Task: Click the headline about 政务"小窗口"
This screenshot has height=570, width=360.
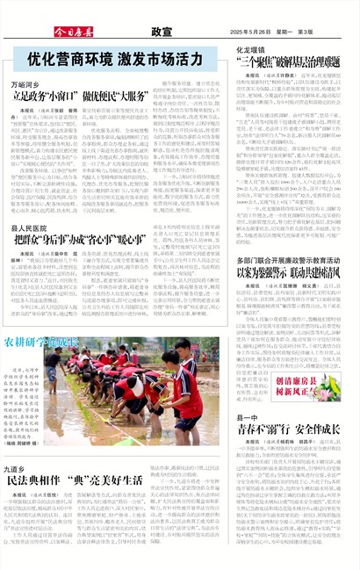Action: [94, 96]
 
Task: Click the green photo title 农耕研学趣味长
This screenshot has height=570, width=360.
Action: [41, 341]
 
